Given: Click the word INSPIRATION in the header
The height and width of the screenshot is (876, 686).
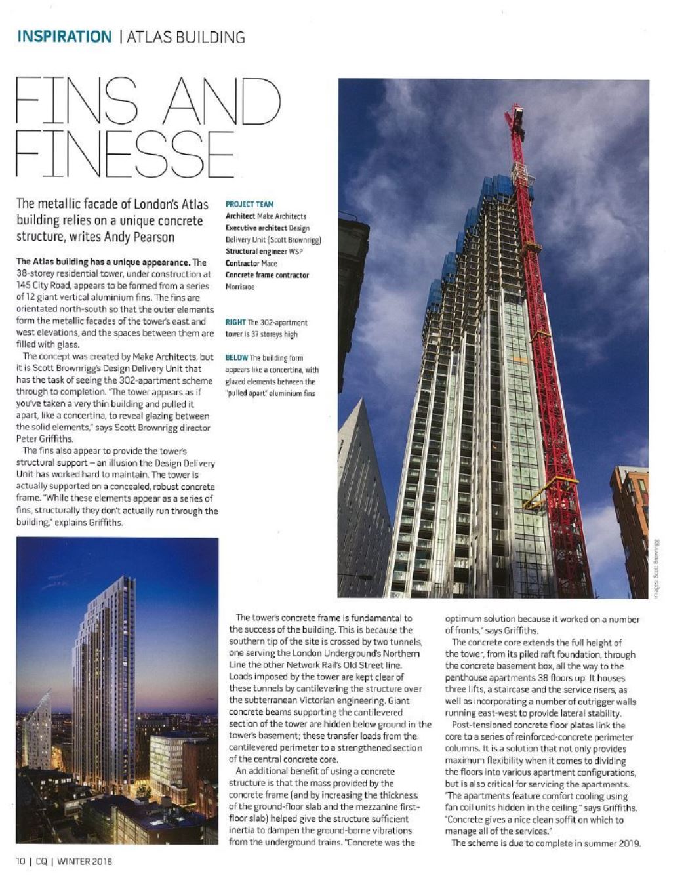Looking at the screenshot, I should click(x=64, y=37).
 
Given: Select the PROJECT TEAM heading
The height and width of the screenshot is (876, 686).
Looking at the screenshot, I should click(x=249, y=204).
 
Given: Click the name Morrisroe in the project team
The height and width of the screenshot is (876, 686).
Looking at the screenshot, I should click(x=240, y=287).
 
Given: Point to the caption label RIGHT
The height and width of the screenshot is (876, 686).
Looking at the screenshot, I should click(x=235, y=323).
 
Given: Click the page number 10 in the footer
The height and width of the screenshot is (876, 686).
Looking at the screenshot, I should click(x=20, y=861).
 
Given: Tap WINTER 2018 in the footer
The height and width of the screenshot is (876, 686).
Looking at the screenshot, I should click(x=85, y=861).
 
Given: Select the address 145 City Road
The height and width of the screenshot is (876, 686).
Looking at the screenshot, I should click(x=43, y=286).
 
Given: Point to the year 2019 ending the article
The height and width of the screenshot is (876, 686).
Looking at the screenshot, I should click(x=629, y=843).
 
